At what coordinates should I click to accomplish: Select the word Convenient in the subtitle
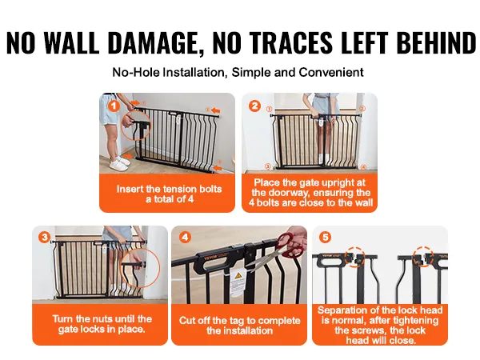tap(331, 73)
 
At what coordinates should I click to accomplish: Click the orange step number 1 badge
tap(114, 106)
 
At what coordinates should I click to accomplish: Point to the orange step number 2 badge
tap(254, 106)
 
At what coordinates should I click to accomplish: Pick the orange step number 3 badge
tap(44, 238)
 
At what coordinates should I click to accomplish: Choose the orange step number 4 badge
tap(185, 237)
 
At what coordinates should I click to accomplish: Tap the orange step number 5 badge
tap(326, 237)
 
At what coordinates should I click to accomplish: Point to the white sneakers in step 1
tap(118, 163)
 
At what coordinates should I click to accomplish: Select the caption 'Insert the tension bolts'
tap(169, 189)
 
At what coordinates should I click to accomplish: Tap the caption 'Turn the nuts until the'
tap(102, 319)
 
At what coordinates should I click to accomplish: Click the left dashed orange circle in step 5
tap(354, 257)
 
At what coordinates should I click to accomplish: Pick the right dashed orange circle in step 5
tap(423, 257)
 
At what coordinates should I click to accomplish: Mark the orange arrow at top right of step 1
tap(215, 110)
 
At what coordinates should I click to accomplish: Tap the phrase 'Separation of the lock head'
tap(380, 310)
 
